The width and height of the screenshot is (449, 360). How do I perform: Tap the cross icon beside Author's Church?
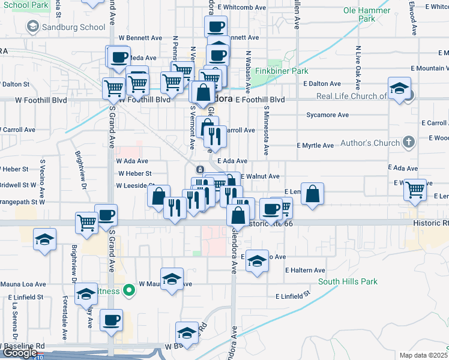tap(408, 142)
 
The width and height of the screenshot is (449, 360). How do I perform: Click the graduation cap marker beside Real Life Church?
tap(399, 89)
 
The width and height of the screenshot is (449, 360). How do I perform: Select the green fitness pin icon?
tap(128, 291)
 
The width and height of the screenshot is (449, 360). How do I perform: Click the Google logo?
tap(19, 353)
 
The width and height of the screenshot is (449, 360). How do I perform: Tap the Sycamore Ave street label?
tap(327, 115)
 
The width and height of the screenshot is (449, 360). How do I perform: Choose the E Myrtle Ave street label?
tap(315, 146)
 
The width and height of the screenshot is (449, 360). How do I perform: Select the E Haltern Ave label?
tap(305, 271)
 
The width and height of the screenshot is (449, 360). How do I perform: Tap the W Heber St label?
tap(134, 173)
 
